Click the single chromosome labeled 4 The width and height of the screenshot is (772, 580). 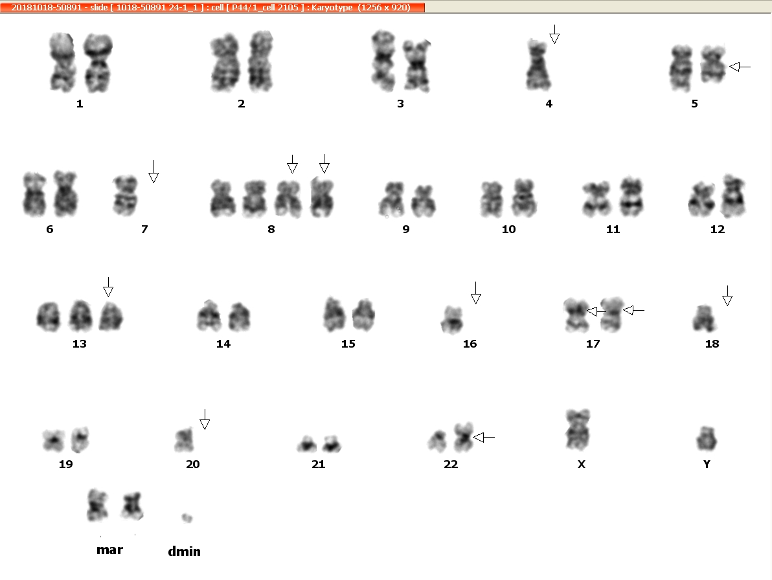(x=538, y=65)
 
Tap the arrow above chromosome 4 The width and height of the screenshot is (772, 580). (x=554, y=34)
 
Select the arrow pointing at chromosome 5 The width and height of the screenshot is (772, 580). (x=740, y=67)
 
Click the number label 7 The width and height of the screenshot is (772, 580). (x=144, y=229)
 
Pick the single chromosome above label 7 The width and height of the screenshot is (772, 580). (x=125, y=195)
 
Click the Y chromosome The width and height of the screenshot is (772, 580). (x=707, y=438)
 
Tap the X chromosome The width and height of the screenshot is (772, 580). (x=578, y=429)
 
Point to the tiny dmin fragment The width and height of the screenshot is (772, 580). (x=187, y=517)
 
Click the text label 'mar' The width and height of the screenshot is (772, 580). (x=110, y=550)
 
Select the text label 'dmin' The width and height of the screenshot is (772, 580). (x=184, y=552)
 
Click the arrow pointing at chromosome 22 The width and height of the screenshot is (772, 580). (x=484, y=437)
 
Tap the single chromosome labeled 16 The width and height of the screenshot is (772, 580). (x=452, y=319)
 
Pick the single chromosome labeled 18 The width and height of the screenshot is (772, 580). (x=704, y=318)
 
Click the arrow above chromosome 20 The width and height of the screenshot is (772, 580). (x=205, y=419)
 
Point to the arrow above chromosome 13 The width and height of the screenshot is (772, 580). (x=108, y=287)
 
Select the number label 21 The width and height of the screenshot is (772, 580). (x=319, y=464)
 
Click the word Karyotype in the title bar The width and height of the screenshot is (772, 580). (x=332, y=7)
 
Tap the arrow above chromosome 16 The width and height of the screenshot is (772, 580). (x=475, y=293)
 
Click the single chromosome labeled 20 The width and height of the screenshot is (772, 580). (x=184, y=440)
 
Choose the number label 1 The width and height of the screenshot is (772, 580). (x=80, y=104)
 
